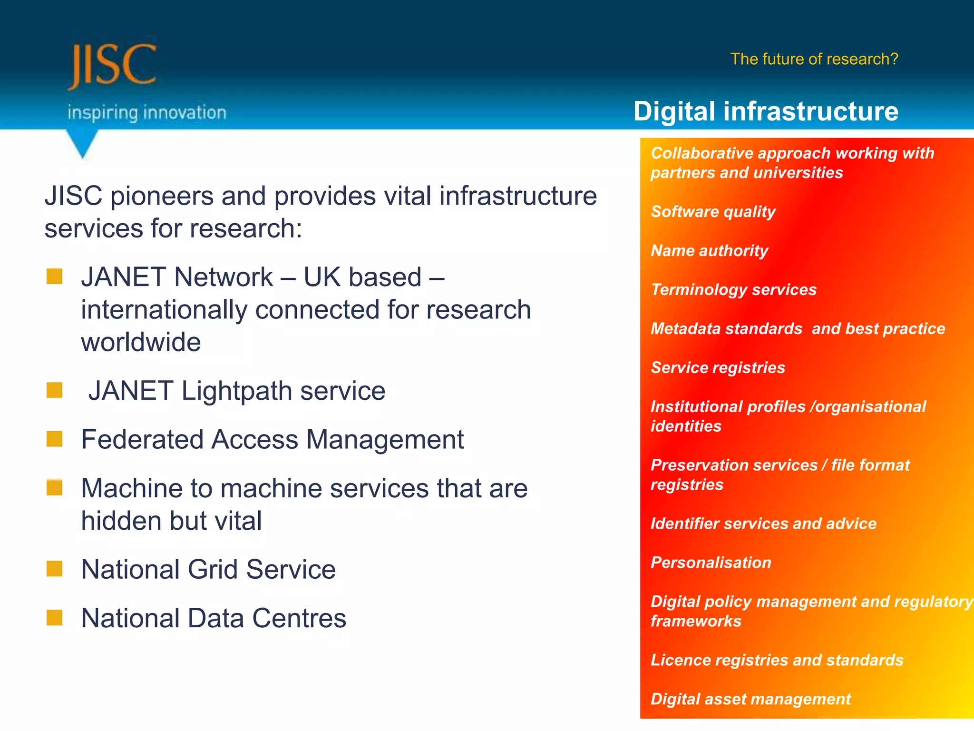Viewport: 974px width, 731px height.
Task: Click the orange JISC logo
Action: (x=112, y=65)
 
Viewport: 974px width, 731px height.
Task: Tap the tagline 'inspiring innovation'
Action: (x=146, y=113)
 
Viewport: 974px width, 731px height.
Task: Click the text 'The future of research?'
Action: (x=814, y=59)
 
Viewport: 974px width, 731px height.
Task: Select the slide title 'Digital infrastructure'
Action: (x=766, y=111)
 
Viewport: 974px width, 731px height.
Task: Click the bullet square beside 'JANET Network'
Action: (x=55, y=277)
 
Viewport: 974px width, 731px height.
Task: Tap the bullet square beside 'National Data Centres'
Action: (x=55, y=617)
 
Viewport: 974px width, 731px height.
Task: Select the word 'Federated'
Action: (x=142, y=439)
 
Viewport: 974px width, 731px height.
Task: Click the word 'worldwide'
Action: (x=141, y=342)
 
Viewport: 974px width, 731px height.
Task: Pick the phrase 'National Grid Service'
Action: (x=208, y=569)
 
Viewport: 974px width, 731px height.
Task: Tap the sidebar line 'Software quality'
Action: (x=713, y=211)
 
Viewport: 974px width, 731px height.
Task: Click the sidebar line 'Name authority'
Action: (x=709, y=250)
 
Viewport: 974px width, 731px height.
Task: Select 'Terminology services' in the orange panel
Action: (x=733, y=289)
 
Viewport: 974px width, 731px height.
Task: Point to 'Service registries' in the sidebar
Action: (x=718, y=367)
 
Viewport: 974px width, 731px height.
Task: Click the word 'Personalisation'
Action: (x=711, y=563)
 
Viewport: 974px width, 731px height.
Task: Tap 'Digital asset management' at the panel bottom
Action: (x=750, y=699)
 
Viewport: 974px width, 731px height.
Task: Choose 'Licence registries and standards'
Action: (x=777, y=660)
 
